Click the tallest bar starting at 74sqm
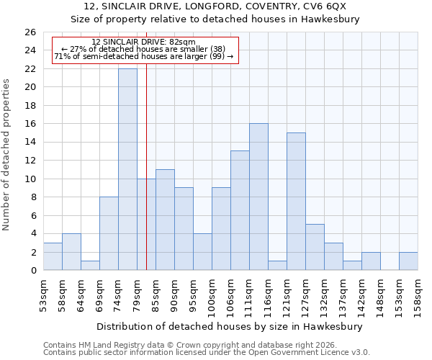click(x=127, y=169)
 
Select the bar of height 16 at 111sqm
click(x=258, y=197)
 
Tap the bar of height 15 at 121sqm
click(x=296, y=202)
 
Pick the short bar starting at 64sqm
click(x=90, y=266)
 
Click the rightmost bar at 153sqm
click(x=408, y=261)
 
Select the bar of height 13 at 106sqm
click(x=240, y=210)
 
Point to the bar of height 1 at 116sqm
click(x=277, y=266)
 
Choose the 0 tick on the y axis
click(x=32, y=271)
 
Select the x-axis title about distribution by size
click(x=230, y=326)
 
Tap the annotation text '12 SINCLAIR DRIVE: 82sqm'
click(x=143, y=42)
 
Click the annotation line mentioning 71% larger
click(x=143, y=56)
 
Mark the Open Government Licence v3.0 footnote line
click(x=207, y=353)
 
